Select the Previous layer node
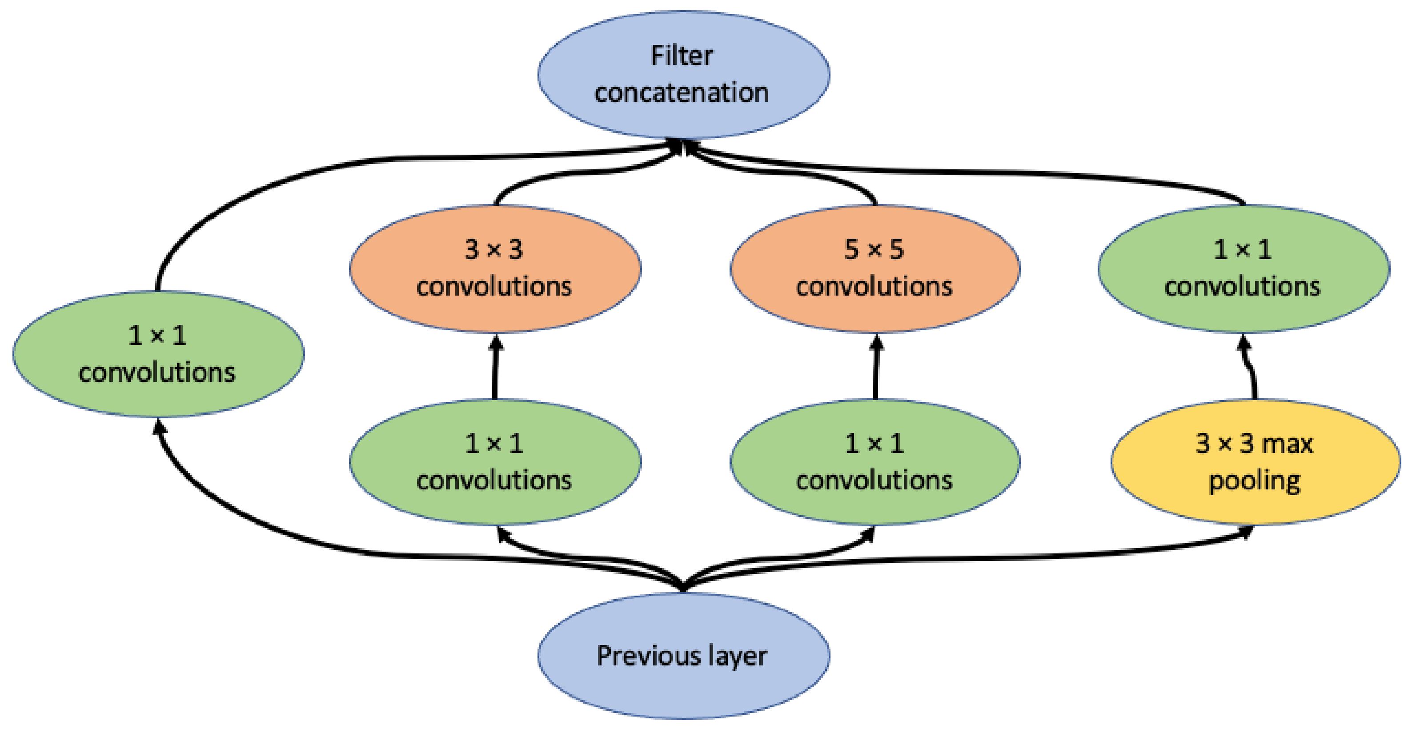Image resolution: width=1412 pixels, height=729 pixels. point(683,656)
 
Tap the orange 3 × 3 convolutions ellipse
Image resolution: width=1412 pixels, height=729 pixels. point(495,268)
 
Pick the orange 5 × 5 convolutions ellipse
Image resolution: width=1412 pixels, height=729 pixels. point(875,268)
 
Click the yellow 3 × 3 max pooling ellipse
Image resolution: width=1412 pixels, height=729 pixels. point(1255,462)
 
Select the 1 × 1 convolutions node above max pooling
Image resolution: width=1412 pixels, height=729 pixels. point(1243,268)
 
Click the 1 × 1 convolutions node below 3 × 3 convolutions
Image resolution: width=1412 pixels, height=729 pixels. point(495,462)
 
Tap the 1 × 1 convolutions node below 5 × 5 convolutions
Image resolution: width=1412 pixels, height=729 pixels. point(875,462)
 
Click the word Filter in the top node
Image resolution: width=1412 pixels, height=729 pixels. point(682,56)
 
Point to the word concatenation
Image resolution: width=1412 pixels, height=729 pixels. point(682,92)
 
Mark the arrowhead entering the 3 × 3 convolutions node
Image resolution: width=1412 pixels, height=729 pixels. point(496,343)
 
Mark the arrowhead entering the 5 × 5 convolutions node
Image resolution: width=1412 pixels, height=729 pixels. point(876,343)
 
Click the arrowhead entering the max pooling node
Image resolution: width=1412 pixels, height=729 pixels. point(1247,532)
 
